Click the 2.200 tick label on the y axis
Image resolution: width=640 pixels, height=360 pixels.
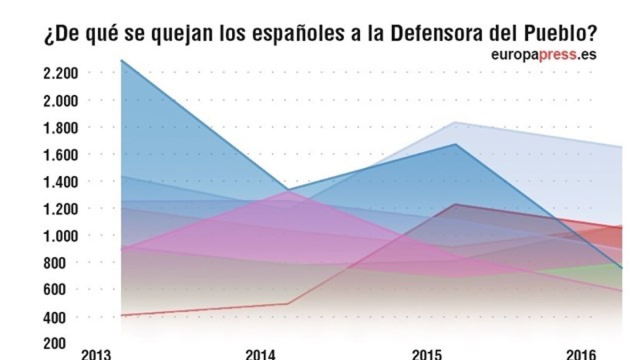[60, 73]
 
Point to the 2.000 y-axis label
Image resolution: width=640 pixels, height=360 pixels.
[60, 100]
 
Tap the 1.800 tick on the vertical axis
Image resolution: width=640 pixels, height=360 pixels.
[60, 127]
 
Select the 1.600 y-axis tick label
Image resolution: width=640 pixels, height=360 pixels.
[60, 155]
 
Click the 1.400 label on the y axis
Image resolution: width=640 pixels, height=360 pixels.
[60, 182]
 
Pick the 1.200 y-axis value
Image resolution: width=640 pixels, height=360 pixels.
[60, 209]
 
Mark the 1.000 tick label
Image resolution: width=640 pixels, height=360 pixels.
[60, 236]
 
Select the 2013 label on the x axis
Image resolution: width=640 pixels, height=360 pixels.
[97, 355]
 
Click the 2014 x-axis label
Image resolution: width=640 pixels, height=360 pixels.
[261, 355]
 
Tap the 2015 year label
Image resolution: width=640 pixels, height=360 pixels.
[428, 355]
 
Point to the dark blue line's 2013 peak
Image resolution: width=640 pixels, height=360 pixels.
[122, 60]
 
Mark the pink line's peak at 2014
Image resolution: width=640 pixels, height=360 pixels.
[288, 192]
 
